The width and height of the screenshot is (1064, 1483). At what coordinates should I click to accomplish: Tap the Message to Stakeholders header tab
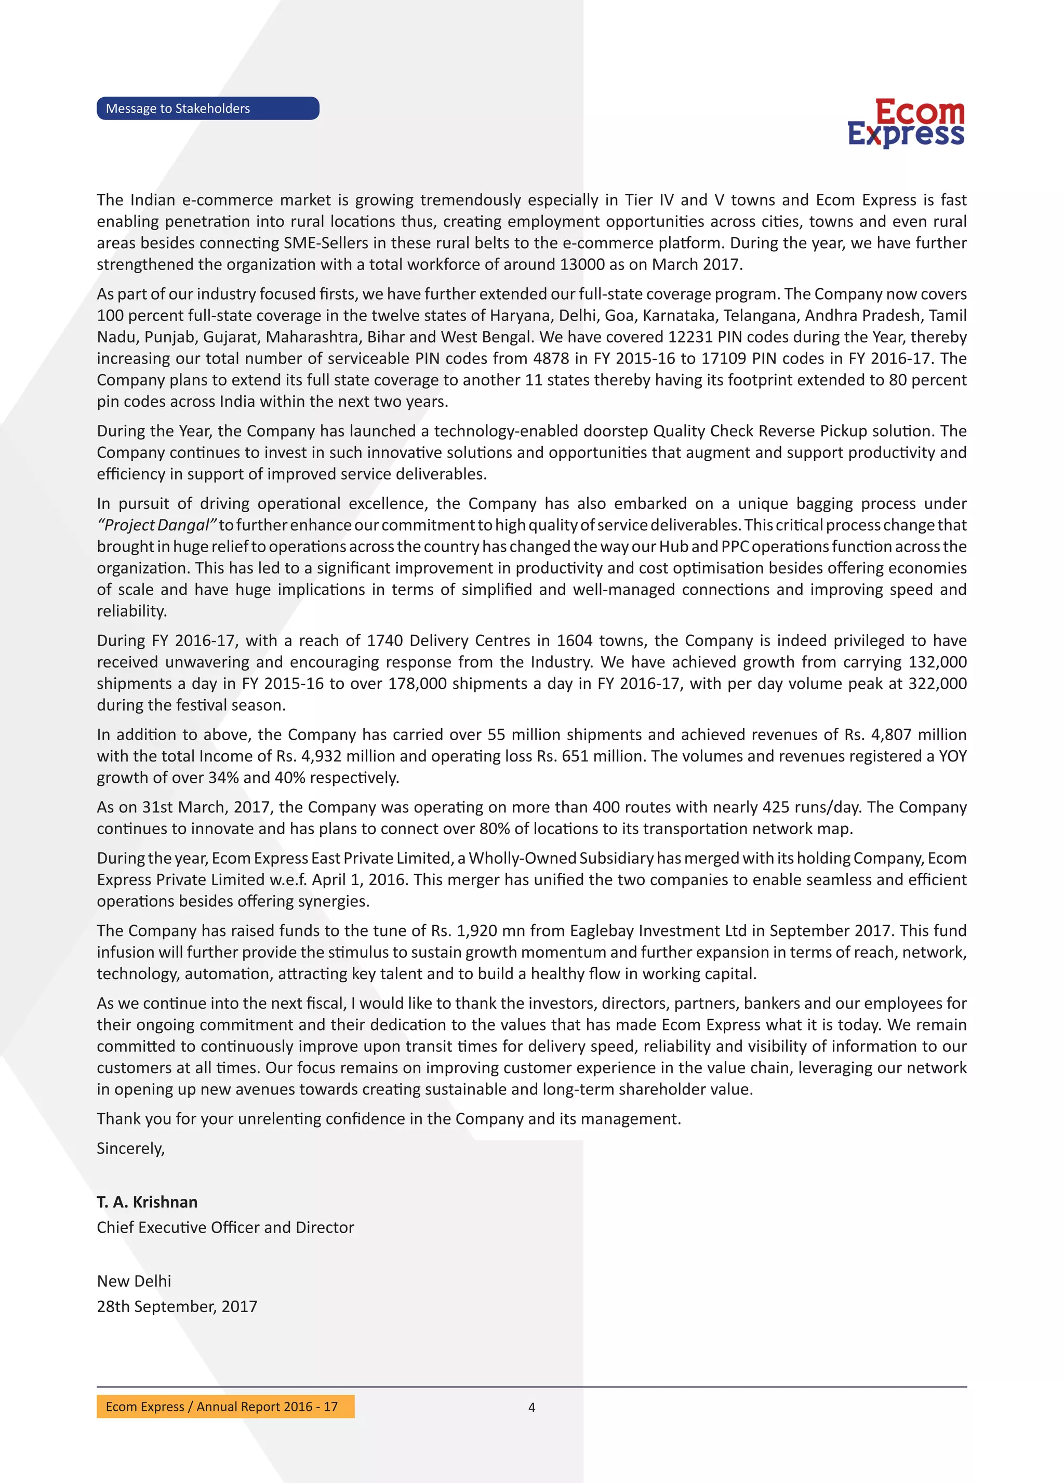click(x=208, y=109)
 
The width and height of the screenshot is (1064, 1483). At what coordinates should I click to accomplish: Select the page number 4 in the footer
click(x=531, y=1407)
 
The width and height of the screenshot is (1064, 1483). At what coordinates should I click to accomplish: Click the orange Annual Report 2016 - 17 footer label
click(x=225, y=1407)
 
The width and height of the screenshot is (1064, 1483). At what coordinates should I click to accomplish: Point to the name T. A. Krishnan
click(x=147, y=1202)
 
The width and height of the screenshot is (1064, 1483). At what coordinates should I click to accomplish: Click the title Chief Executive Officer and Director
click(x=225, y=1227)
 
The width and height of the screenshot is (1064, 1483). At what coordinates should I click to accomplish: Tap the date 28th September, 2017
click(x=177, y=1306)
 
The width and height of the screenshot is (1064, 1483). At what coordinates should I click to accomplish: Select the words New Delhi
click(x=134, y=1281)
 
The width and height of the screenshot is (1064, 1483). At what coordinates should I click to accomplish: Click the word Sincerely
click(x=130, y=1148)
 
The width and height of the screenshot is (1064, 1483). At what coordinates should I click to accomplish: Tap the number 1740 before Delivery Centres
click(x=385, y=641)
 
